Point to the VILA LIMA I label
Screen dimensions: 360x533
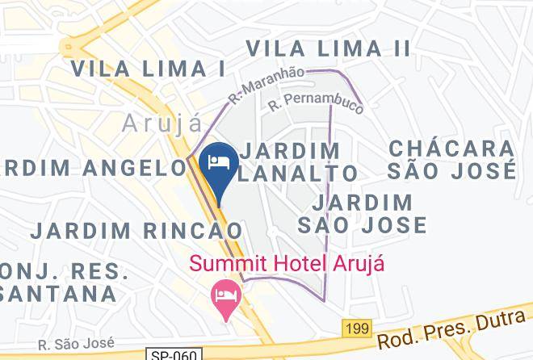point(148,69)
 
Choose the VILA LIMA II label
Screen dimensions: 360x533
point(329,48)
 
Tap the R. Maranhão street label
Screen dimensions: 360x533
point(266,86)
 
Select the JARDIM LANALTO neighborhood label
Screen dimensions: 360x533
point(299,161)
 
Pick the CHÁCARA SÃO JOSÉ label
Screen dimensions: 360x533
point(451,160)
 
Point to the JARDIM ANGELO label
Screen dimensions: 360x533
point(93,168)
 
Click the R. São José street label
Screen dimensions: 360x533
point(72,343)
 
